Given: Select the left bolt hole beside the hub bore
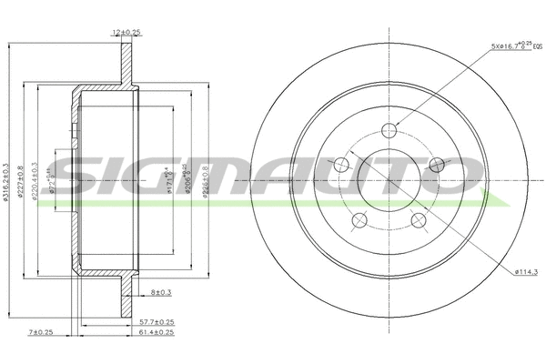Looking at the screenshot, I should (x=342, y=165).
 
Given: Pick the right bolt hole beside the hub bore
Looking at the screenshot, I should (x=437, y=165).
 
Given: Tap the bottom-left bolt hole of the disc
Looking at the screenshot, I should (x=359, y=220).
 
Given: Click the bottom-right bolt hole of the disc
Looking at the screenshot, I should (x=419, y=220).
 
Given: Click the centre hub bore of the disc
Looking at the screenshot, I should (x=389, y=178).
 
